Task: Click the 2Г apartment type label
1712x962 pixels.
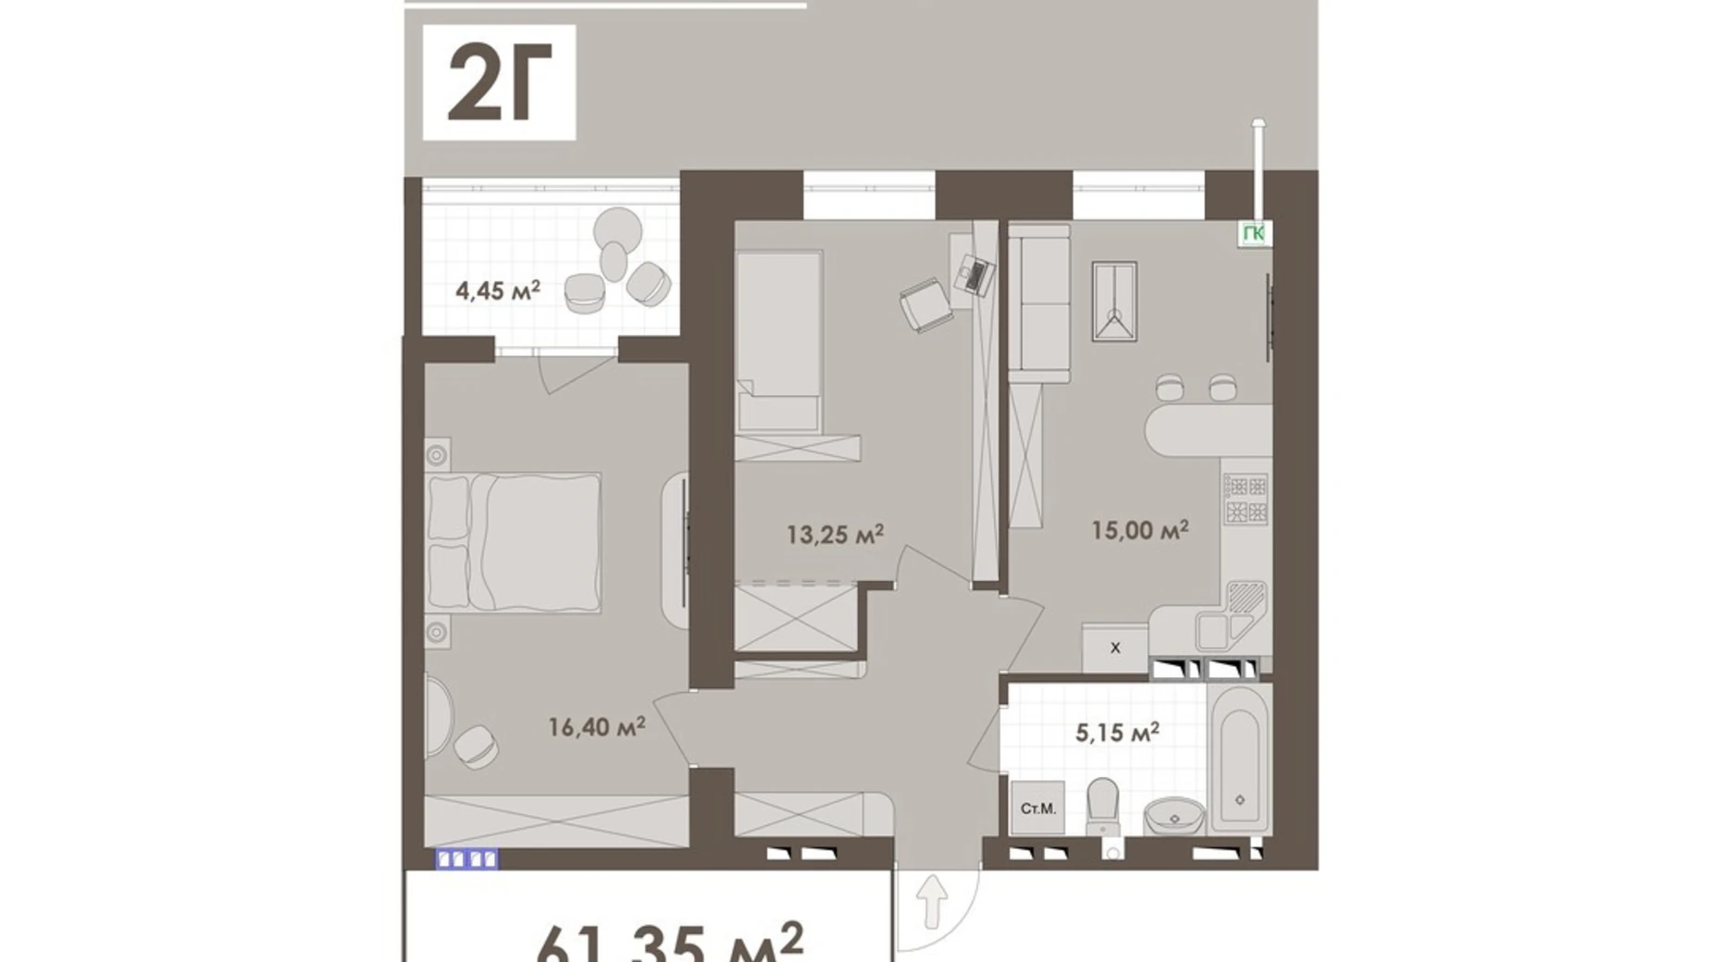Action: tap(499, 83)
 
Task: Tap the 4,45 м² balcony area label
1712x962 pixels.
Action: tap(497, 290)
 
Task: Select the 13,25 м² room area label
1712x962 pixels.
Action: tap(835, 534)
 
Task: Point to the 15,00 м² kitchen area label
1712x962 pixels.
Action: tap(1139, 530)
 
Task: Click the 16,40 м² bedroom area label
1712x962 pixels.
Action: tap(596, 727)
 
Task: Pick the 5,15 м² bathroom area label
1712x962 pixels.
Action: tap(1117, 734)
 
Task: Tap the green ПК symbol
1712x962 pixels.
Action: tap(1254, 233)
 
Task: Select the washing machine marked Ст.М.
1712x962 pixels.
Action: tap(1037, 808)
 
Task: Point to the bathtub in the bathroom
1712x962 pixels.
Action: tap(1239, 758)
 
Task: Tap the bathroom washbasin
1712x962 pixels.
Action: tap(1174, 817)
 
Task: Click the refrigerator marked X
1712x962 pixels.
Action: tap(1115, 647)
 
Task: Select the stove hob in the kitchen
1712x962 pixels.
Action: tap(1246, 499)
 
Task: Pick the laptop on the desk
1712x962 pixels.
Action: tap(976, 274)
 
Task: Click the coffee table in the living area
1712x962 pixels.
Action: tap(1114, 302)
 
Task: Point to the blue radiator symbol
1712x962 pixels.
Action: tap(466, 859)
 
